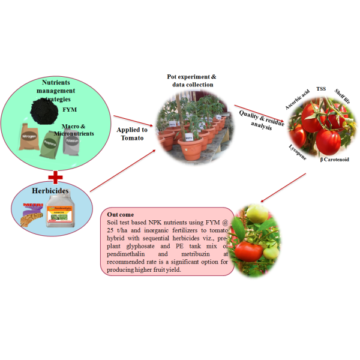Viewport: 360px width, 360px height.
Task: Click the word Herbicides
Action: pyautogui.click(x=52, y=191)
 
